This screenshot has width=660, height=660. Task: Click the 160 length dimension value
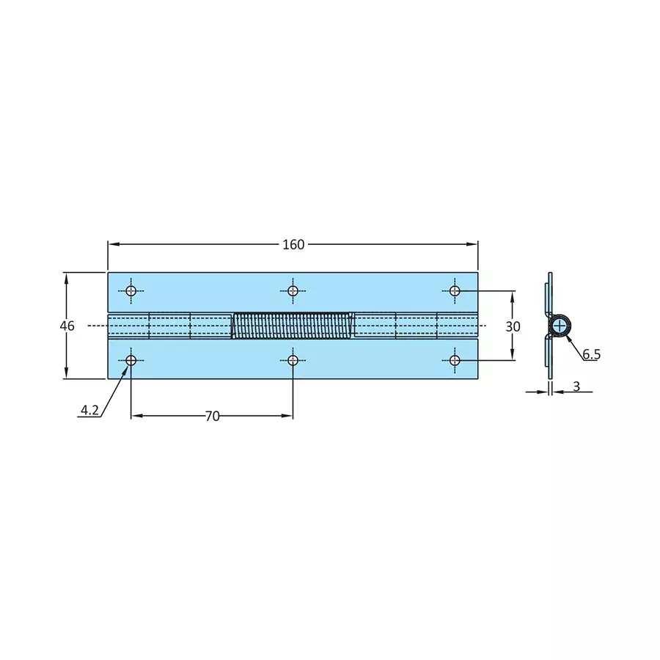[x=293, y=245]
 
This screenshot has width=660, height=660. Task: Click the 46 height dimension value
[x=67, y=326]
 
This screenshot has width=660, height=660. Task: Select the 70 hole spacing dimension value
[x=212, y=416]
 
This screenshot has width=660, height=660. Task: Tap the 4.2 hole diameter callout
[x=89, y=411]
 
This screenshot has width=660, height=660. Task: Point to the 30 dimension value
[x=513, y=326]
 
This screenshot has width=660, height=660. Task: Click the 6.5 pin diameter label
[x=592, y=354]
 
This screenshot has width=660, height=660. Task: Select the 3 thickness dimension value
[x=576, y=386]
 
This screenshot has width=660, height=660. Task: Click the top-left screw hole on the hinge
[x=131, y=291]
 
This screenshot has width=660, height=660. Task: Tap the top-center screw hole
[x=293, y=291]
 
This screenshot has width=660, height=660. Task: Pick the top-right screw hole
[x=455, y=291]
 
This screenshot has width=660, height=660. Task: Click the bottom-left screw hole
[x=131, y=360]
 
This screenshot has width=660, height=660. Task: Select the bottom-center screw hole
[x=293, y=360]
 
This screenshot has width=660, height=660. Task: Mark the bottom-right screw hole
[x=455, y=360]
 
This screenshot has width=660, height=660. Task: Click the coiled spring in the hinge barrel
[x=293, y=326]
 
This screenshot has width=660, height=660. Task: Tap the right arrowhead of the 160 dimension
[x=473, y=245]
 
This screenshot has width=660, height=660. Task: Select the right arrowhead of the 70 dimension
[x=288, y=416]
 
